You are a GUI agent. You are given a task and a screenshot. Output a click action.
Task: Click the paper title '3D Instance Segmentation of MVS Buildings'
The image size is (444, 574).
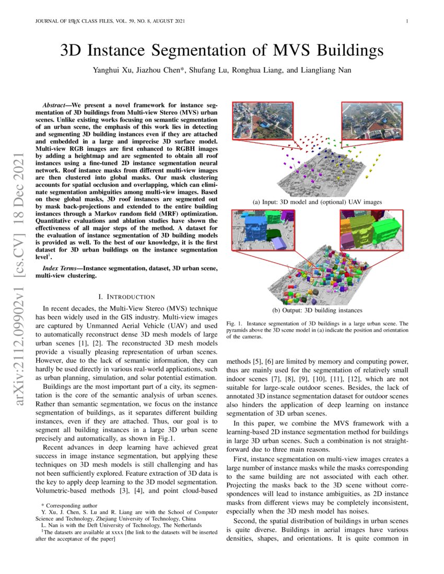click(x=222, y=51)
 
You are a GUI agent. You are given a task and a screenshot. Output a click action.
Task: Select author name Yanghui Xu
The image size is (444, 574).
click(x=111, y=70)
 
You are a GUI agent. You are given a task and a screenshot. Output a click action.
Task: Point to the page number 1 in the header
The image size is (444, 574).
click(x=406, y=21)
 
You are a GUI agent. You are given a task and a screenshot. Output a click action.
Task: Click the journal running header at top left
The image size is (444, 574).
click(x=109, y=21)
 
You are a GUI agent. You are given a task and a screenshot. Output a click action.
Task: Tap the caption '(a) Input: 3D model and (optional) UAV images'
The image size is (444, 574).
click(x=317, y=202)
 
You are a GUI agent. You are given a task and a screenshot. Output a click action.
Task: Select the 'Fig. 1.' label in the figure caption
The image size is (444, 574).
click(x=235, y=324)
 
